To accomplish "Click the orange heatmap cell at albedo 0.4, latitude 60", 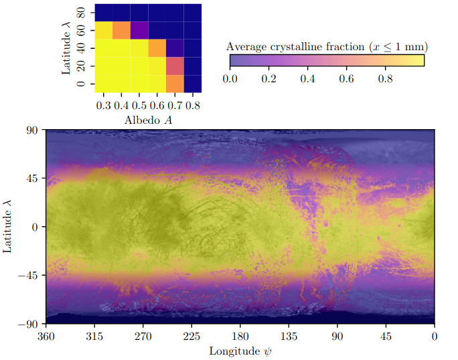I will click(121, 31).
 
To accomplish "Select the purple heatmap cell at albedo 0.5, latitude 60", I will click(139, 31).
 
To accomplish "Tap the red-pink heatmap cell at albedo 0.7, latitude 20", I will click(175, 66).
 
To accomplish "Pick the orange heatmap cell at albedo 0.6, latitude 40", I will click(157, 48).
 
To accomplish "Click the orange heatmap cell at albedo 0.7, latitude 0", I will click(175, 84).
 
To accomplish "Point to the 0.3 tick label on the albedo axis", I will click(104, 105).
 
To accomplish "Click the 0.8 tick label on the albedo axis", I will click(193, 105).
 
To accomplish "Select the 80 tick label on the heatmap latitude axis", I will click(81, 13).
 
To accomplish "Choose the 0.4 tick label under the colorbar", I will click(307, 78).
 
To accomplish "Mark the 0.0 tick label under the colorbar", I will click(230, 78).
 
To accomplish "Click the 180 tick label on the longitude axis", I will click(240, 335).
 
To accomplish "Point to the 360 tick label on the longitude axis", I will click(46, 335).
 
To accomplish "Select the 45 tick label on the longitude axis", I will click(386, 335).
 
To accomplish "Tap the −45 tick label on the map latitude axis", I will click(29, 275).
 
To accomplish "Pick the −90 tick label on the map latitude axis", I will click(29, 323).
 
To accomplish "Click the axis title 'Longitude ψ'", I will click(240, 350).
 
